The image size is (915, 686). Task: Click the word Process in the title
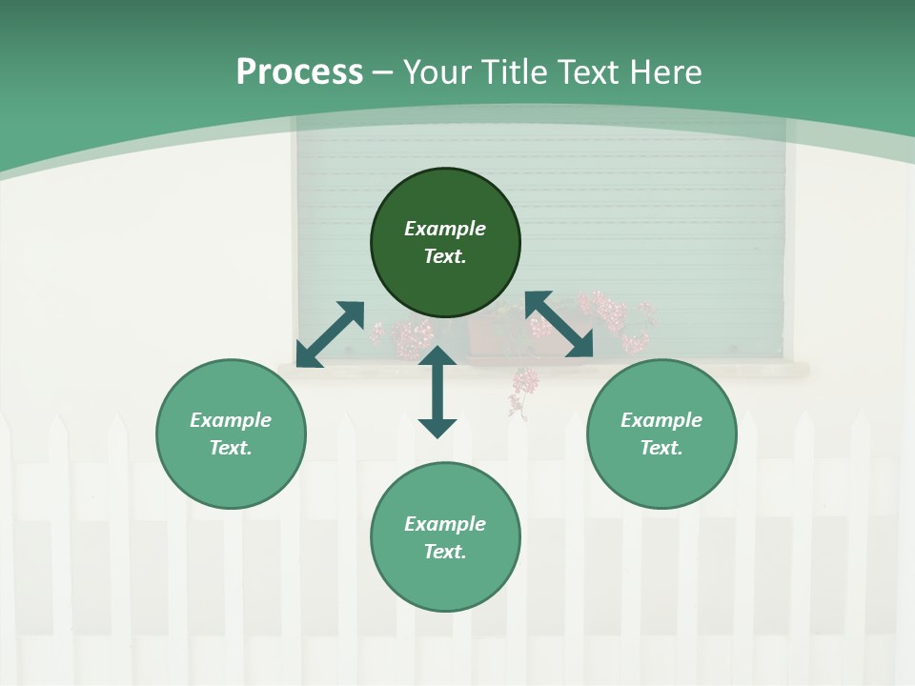coord(299,72)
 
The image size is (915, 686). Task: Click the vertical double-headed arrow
coord(437,392)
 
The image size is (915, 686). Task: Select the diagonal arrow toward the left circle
coord(330,333)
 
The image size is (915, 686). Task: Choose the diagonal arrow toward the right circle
coord(559,324)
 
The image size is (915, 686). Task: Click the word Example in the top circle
coord(445,229)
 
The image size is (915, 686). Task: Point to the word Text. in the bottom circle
coord(445,552)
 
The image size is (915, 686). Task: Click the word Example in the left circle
coord(231,420)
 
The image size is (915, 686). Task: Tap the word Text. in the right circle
coord(661,448)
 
